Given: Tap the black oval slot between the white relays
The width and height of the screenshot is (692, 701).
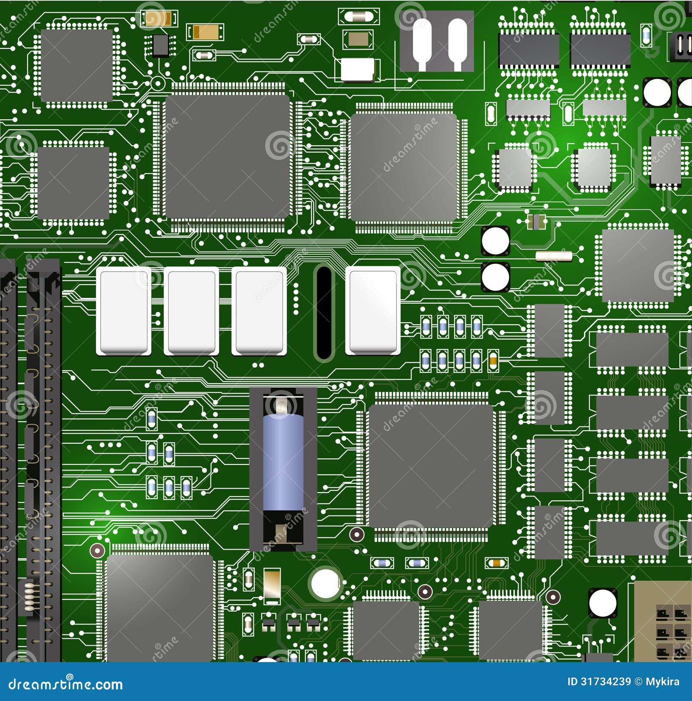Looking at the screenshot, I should pos(324,312).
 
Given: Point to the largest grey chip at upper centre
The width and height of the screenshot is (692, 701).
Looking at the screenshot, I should pos(227,157).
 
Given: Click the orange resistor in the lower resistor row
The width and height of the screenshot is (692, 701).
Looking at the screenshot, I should pos(493,361).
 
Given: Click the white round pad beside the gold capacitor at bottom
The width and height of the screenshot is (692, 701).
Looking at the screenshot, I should pos(325,583).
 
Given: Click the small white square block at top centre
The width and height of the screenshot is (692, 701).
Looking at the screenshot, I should pos(357,70).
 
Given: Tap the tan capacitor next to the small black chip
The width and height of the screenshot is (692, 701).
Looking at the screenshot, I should pos(205,32).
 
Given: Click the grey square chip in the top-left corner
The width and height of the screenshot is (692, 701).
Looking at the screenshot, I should pos(77,66).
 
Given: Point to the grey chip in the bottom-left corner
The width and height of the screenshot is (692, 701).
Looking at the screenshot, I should pos(160,607).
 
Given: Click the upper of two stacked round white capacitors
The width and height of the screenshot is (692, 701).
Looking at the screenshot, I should pos(495,241).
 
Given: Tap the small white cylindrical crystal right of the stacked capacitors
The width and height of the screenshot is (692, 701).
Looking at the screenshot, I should pos(554,256).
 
